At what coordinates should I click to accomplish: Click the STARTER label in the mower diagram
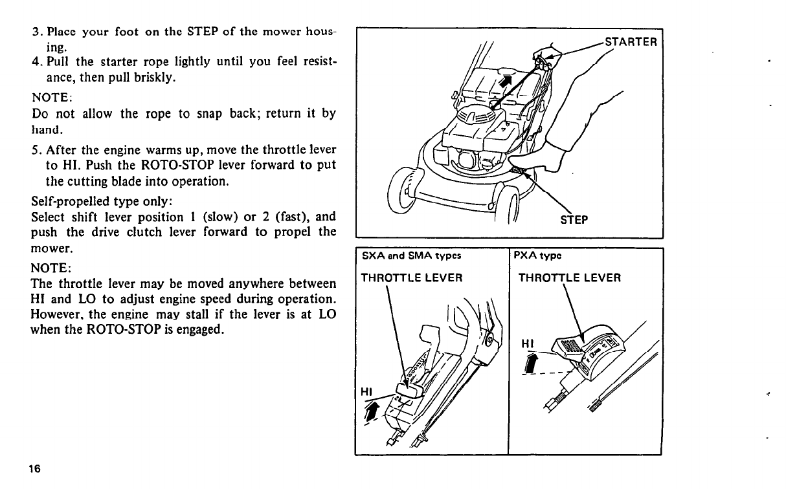(631, 43)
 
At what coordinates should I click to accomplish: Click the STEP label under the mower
(573, 219)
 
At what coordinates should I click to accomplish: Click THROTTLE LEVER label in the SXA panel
(411, 278)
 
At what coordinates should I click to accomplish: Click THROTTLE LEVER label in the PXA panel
(570, 278)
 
